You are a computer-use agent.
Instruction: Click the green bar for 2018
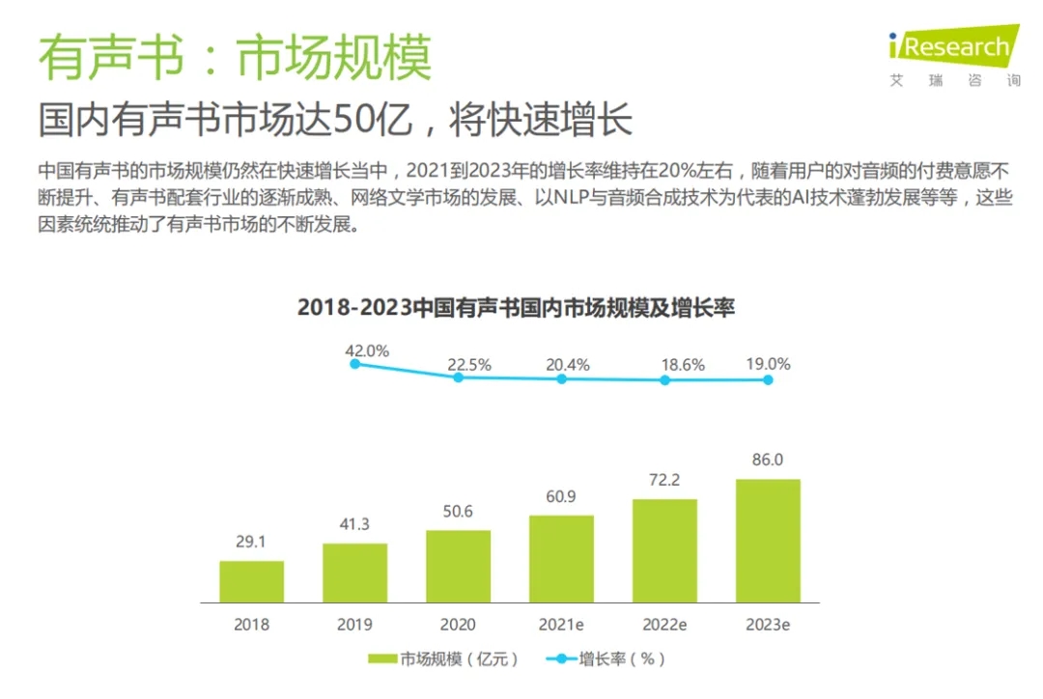pos(251,581)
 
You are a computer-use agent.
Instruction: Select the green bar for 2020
pos(458,566)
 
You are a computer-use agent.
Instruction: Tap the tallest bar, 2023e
pos(768,541)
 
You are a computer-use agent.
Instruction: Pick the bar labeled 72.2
pos(664,550)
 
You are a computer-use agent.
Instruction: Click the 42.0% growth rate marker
pos(354,363)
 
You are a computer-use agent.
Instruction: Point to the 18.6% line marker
pos(664,380)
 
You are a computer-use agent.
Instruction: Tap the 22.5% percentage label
pos(469,365)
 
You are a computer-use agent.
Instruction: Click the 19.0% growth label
pos(768,364)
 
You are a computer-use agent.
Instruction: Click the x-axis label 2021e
pos(561,624)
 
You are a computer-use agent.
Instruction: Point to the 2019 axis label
pos(354,624)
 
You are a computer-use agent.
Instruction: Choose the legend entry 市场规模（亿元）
pos(444,659)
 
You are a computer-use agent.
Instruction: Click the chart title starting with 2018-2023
pos(516,308)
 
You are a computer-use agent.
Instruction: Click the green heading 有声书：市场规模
pos(235,58)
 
